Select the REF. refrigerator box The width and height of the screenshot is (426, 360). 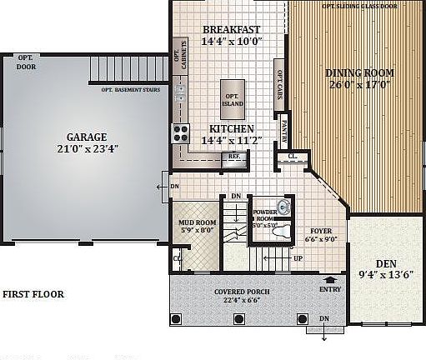pos(234,156)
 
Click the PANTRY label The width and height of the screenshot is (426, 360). pos(283,132)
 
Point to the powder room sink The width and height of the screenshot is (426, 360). pos(283,206)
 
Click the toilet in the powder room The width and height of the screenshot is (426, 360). pos(281,232)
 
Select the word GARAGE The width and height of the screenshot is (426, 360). pos(87,137)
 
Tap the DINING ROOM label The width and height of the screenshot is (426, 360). pos(359,72)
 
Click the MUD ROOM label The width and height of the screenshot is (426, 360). pos(198,222)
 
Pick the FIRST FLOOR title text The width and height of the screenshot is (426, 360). pos(33,294)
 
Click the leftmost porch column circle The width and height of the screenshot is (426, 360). pos(175,318)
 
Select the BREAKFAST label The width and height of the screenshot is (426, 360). pos(231,29)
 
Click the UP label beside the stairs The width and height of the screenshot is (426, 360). pos(298,258)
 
